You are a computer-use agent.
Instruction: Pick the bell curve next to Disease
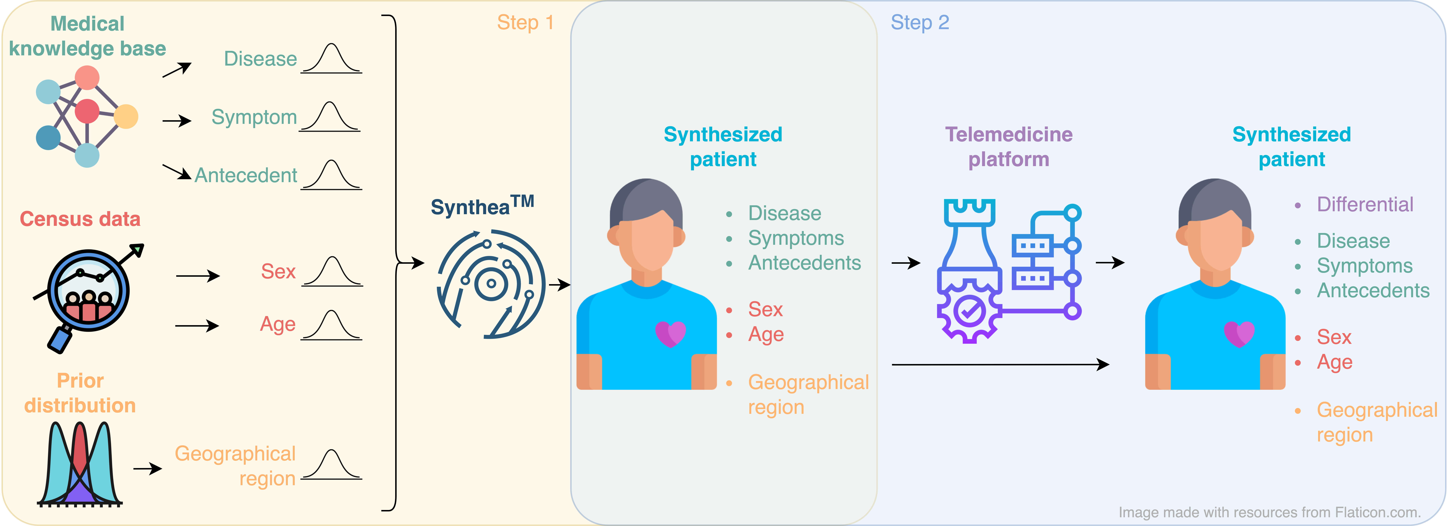(x=332, y=59)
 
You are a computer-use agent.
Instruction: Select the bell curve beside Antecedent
(x=332, y=175)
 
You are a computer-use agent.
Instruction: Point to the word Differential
(x=1365, y=205)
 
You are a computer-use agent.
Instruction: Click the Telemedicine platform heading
(x=1008, y=147)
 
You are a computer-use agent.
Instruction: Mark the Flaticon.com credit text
(x=1269, y=512)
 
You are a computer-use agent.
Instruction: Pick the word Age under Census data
(x=278, y=324)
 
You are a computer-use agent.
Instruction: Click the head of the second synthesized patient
(x=1215, y=230)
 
